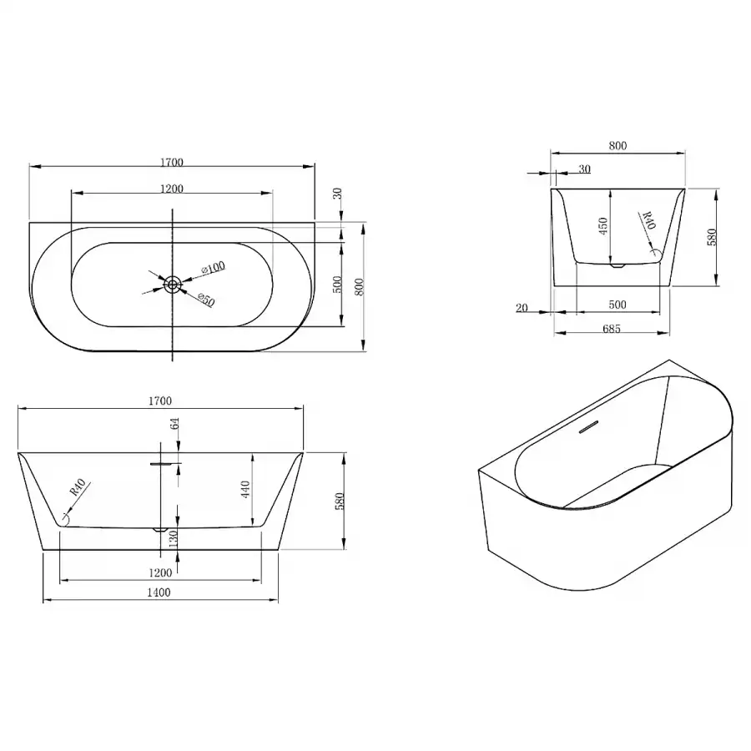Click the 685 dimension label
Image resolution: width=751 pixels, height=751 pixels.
pos(612,329)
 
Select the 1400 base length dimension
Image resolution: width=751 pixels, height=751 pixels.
pos(159,592)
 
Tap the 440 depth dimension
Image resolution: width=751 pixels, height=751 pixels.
pos(245,490)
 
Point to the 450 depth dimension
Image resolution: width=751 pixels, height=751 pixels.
pos(603,226)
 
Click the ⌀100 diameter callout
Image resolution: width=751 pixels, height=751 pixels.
pos(213,268)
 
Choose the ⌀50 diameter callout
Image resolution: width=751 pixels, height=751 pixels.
pos(206,300)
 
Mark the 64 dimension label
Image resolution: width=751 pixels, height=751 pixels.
pos(175,423)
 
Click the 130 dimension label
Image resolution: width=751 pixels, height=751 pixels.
pos(174,538)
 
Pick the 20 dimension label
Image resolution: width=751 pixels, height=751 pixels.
pos(522,308)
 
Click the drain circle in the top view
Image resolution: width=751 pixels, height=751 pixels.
pos(173,285)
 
